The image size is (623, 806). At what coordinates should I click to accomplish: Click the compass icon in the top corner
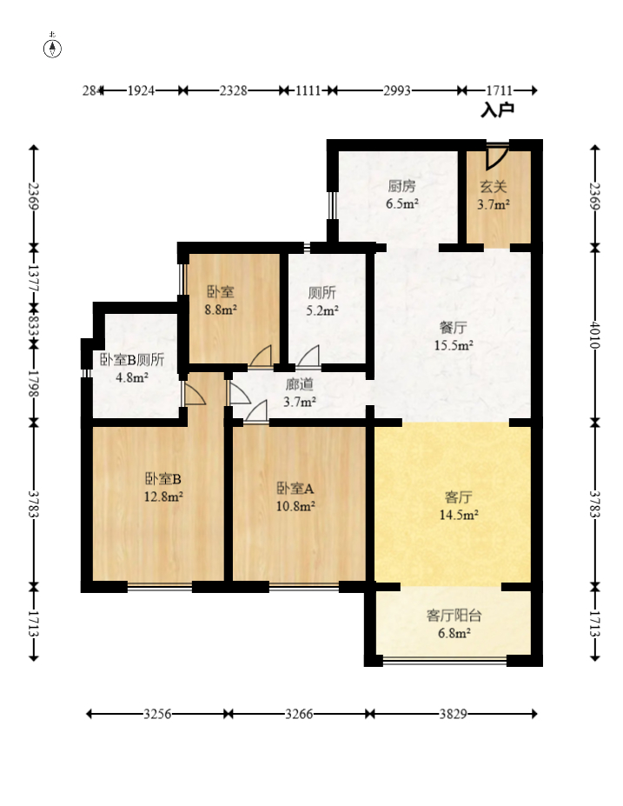(53, 48)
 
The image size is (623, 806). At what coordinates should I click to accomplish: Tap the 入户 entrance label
(498, 110)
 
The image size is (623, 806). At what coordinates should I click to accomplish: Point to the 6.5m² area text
(402, 204)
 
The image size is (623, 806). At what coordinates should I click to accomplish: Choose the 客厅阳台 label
(454, 616)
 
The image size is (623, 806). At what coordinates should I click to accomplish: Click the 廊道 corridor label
(300, 384)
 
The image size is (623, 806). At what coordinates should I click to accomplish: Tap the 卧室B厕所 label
(132, 360)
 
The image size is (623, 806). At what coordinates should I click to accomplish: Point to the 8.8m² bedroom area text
(222, 310)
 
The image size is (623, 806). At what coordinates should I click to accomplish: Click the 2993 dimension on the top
(397, 90)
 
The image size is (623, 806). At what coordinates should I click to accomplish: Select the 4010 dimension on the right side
(594, 335)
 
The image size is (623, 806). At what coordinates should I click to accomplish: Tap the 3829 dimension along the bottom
(454, 714)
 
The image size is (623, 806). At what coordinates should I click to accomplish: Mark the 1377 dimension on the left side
(34, 277)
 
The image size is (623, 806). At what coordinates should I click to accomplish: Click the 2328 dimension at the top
(233, 90)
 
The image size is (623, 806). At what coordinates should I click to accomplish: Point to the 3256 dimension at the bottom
(156, 714)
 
